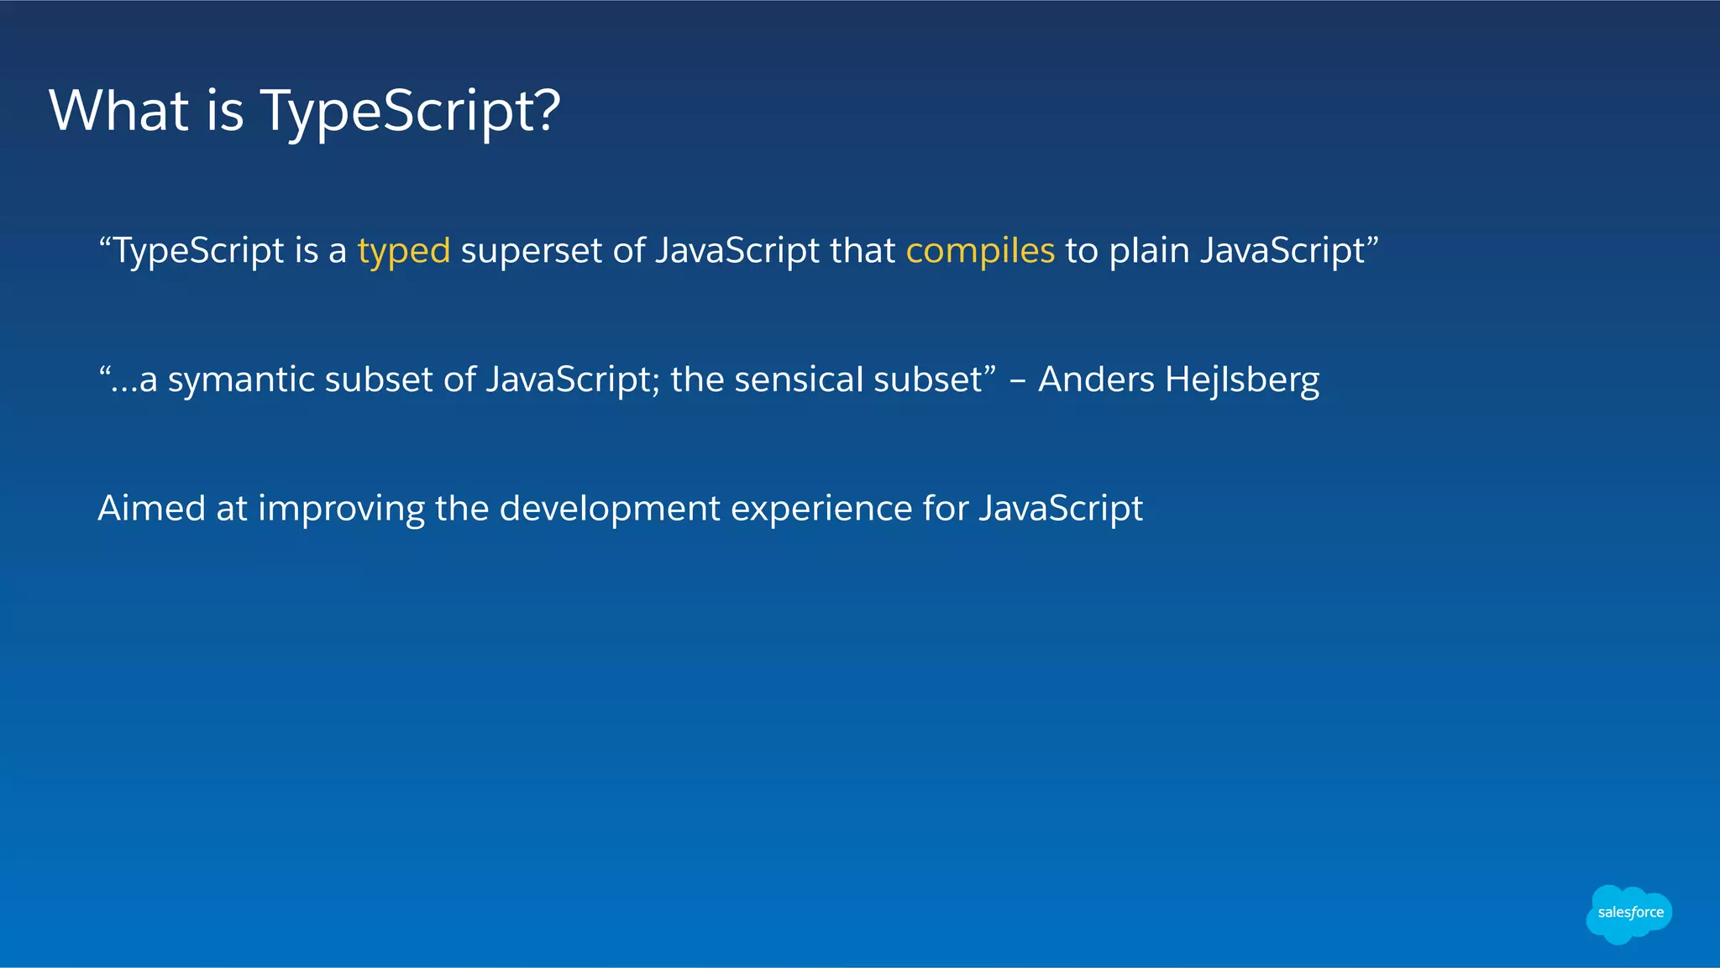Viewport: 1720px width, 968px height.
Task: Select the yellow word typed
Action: coord(404,251)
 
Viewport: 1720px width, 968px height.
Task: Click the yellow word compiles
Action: coord(979,251)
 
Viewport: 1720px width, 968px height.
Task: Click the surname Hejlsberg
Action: coord(1242,380)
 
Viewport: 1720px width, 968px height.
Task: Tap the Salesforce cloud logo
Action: coord(1628,913)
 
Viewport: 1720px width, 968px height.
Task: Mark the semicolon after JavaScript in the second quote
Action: coord(655,385)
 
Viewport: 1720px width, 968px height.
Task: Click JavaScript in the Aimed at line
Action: coord(1061,509)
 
